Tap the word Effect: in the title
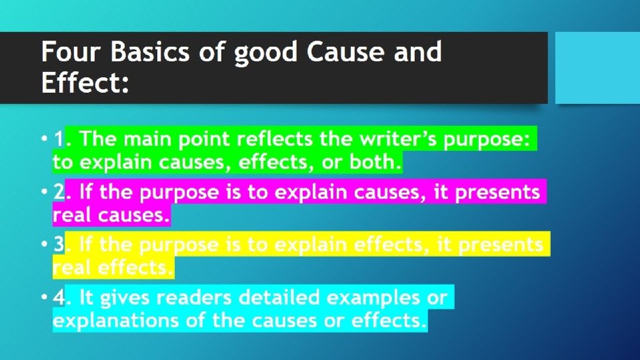tap(85, 83)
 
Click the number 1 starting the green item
tap(59, 139)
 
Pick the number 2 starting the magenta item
tap(59, 193)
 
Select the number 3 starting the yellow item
tap(59, 245)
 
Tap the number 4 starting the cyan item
tap(59, 297)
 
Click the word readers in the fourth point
tap(182, 297)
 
